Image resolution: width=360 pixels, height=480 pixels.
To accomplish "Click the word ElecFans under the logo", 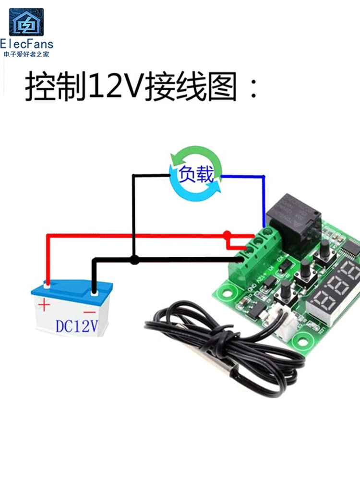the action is pos(27,45).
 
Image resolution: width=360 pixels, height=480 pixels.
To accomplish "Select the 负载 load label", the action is pos(196,174).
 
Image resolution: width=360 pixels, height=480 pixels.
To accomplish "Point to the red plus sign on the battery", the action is pos(44,304).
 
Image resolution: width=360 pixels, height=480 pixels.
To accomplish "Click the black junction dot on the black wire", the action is pos(135,260).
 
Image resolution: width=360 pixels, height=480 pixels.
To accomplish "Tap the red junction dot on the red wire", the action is pos(227,235).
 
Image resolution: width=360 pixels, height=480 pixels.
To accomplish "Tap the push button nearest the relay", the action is pos(324,248).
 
